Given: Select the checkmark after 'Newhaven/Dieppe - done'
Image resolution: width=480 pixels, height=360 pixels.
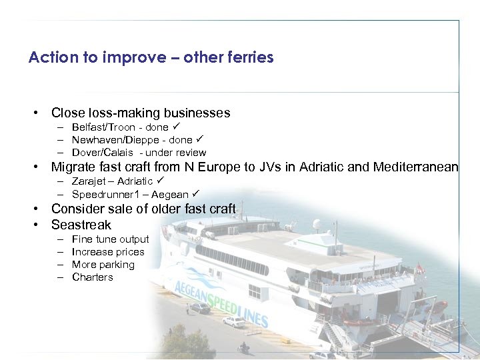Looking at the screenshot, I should [x=199, y=139].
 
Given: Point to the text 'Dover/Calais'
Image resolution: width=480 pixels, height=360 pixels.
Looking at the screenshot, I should [x=101, y=153].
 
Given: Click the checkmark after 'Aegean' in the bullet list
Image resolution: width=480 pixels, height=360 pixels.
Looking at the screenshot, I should [x=195, y=194].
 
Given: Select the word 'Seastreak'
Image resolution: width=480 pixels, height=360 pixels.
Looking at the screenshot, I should [x=81, y=225].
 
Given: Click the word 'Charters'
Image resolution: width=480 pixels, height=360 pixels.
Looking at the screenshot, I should [x=93, y=277].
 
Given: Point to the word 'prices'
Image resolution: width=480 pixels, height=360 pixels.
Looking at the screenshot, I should [x=129, y=252].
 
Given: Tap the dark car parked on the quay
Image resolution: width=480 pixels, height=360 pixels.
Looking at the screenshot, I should [x=200, y=308].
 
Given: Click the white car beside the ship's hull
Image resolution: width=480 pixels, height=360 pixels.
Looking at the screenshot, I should [x=233, y=321].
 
